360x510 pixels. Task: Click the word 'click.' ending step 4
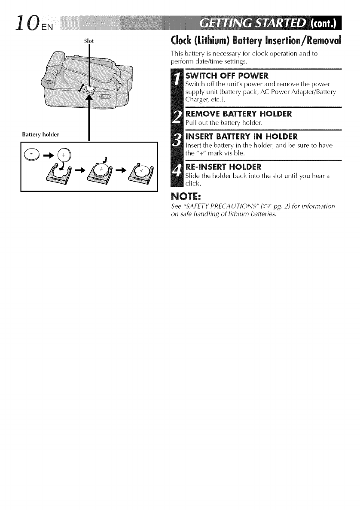point(192,185)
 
